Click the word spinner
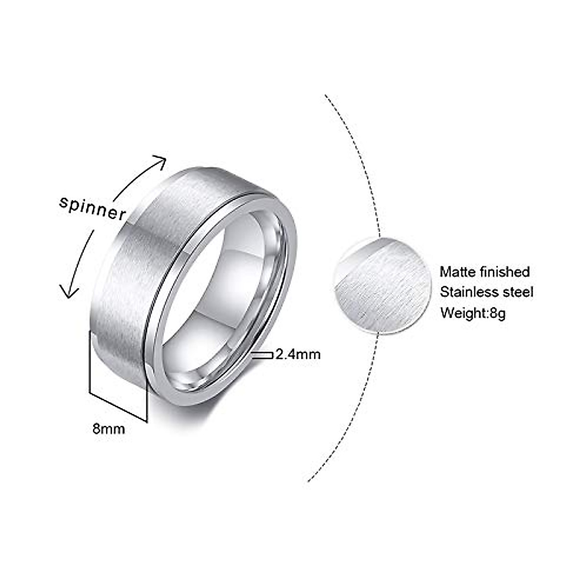coord(92,208)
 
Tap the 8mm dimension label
coord(109,429)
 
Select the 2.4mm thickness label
coord(298,354)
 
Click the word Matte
coord(457,271)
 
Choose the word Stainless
coord(467,292)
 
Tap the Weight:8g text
coord(472,313)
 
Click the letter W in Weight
coord(447,313)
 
